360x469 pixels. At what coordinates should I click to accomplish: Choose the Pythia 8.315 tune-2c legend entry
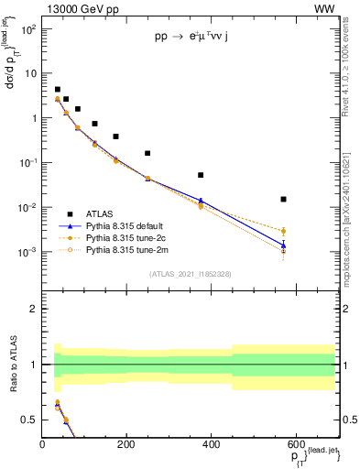128,237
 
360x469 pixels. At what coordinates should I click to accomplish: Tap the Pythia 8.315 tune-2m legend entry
128,249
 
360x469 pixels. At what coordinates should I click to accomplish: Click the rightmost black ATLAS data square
284,199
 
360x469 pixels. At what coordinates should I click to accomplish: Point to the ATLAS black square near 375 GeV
201,175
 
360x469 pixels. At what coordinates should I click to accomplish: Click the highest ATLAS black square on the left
58,90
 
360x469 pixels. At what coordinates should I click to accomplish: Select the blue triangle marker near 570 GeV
284,245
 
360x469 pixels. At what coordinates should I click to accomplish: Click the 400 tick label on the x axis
211,445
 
